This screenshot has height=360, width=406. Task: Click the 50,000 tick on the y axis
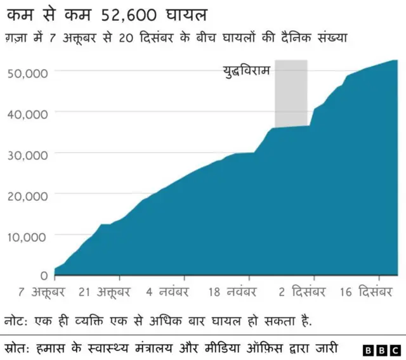point(27,72)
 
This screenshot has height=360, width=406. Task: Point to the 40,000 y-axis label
point(27,113)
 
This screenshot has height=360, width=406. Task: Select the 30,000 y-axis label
point(27,155)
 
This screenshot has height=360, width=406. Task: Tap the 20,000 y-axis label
point(27,196)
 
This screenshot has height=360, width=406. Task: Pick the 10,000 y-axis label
point(27,236)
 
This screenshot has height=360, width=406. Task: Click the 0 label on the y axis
point(44,276)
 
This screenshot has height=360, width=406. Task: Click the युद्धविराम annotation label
point(246,71)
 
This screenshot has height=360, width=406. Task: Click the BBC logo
point(381,349)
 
